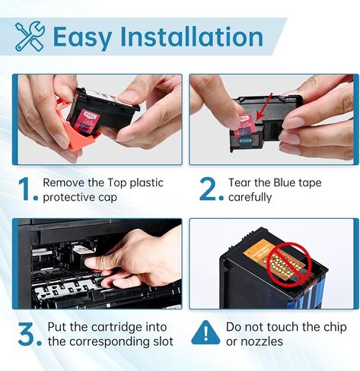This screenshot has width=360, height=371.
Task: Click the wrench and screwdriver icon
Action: (x=29, y=36)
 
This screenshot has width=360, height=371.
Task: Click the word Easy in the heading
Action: (x=83, y=36)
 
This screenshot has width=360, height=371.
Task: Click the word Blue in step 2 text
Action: (x=293, y=183)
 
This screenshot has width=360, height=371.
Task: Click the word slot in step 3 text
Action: (x=161, y=342)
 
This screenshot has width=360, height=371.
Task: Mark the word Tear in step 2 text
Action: (x=241, y=183)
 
